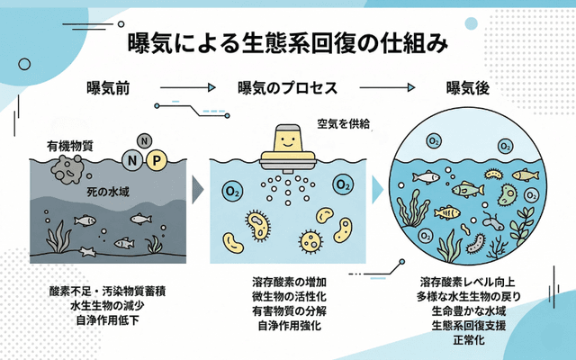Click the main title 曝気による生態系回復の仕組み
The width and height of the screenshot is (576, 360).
point(288,42)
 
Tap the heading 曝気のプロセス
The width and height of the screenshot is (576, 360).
point(287,88)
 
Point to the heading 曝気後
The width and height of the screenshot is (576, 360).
point(466,88)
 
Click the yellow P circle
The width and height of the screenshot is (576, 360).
point(157,161)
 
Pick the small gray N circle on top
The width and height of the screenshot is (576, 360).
point(144,140)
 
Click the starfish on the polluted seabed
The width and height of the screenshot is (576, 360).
point(89,250)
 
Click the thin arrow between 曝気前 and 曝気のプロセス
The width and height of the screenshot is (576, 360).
point(186,88)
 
